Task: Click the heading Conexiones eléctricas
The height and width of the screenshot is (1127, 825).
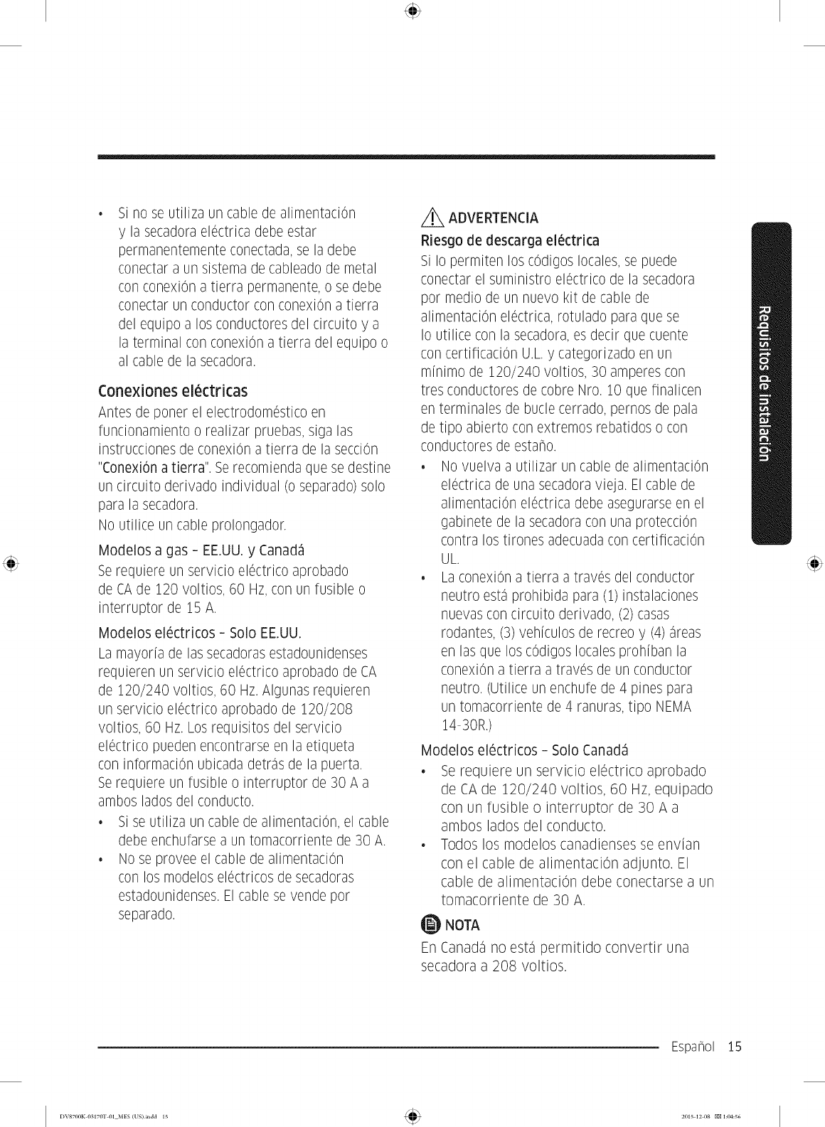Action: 173,391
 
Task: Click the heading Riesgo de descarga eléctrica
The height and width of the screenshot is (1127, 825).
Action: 510,240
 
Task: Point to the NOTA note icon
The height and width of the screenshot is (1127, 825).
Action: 431,924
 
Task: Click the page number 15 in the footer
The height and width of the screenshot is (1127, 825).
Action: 734,1047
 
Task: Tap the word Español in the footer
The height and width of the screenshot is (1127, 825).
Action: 693,1047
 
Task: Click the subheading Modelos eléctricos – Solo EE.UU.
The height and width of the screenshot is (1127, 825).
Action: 200,633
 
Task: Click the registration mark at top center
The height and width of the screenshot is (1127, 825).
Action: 412,11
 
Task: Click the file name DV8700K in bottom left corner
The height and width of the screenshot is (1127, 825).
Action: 73,1115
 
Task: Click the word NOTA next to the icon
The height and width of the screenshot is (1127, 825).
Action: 462,925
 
